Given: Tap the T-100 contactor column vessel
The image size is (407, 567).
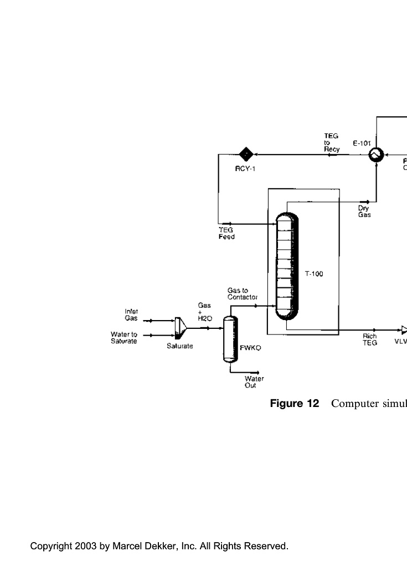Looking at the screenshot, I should (287, 266).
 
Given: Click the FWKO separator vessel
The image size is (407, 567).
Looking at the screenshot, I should (230, 339).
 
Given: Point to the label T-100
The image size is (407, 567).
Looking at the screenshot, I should (314, 274).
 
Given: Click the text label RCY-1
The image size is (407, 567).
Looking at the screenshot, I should (245, 169).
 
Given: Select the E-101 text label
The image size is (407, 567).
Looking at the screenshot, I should (362, 143).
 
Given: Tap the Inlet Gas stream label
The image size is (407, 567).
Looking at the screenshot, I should (131, 315).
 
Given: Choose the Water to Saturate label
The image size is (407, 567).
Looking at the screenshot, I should (124, 338).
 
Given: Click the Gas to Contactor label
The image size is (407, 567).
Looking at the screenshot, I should (243, 293).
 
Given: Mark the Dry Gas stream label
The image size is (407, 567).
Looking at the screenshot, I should (364, 212).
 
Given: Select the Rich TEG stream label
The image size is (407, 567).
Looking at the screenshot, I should (370, 339).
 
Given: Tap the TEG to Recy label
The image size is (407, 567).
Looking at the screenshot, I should (332, 142).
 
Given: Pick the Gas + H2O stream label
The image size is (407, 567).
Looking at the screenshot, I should (205, 312).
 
